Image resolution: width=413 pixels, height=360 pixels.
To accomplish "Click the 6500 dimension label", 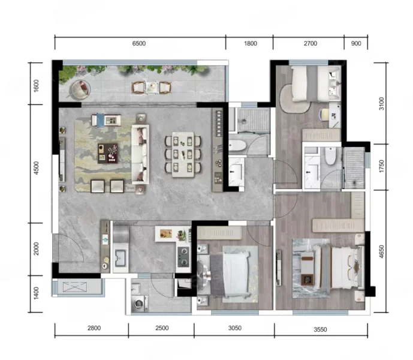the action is pos(139,44).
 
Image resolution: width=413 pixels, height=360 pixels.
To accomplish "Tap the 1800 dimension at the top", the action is pos(250,44).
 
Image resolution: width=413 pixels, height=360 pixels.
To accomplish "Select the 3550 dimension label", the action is pos(320,329).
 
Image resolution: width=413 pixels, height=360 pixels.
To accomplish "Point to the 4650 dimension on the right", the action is pos(381,251).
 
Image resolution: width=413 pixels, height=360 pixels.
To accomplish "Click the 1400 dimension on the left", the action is pos(37,293).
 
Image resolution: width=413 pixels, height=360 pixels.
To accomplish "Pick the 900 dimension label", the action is pos(356,44).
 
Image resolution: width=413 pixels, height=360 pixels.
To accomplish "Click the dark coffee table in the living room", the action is pos(108,154).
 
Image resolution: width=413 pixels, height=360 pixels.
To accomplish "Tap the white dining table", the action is pos(183,154).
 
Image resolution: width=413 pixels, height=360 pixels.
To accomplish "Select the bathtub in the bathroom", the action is pos(237,145).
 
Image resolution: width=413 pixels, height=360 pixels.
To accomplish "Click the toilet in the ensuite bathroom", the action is pos(330,156).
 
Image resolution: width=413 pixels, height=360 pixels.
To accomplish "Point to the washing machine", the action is pos(139,303).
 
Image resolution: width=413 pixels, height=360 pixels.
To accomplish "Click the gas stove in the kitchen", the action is pos(183,257).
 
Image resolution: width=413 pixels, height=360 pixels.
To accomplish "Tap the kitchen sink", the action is pos(120,257).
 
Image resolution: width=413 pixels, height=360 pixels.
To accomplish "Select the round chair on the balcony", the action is pos(80,89).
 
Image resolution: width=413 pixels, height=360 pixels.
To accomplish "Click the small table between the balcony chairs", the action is pos(152,87).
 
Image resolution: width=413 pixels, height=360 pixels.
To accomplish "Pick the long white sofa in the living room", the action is pos(140,154).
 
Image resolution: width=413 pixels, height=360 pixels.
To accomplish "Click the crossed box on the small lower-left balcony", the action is pos(75,287).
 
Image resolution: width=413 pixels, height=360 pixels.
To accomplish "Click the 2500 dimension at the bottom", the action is pos(162,328).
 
